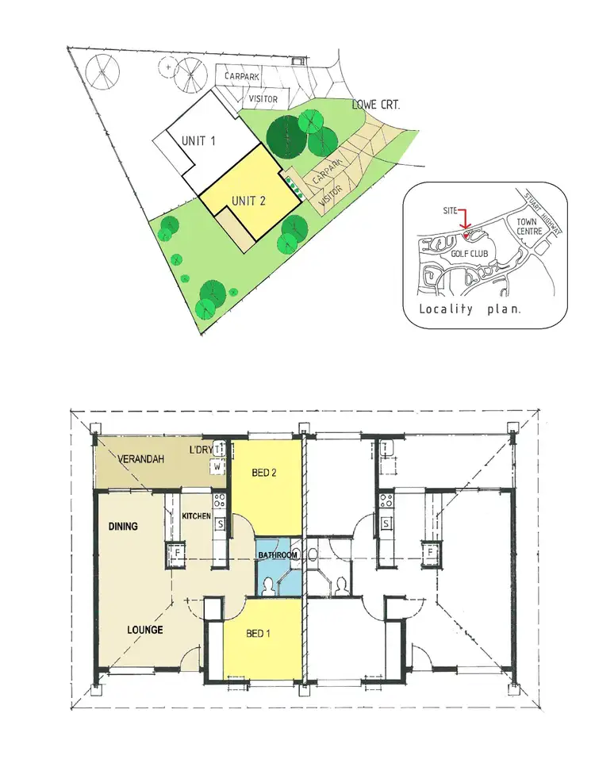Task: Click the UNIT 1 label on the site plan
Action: (199, 140)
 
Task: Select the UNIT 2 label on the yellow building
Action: (249, 201)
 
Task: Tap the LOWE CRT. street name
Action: (377, 104)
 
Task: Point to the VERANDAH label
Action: (142, 459)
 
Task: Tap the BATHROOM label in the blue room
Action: (277, 555)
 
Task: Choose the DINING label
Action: (124, 526)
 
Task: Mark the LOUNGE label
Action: (145, 631)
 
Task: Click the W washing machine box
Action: (216, 468)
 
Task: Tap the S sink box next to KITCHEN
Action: (221, 523)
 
